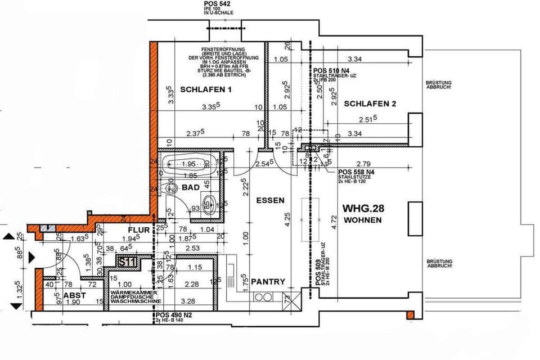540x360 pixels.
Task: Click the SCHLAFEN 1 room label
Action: [206, 89]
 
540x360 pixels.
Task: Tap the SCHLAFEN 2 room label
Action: [371, 103]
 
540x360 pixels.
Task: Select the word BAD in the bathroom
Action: [190, 187]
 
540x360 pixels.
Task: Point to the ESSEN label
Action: [270, 200]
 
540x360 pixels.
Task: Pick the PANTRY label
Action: [268, 281]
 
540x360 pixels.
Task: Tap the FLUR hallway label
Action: [138, 230]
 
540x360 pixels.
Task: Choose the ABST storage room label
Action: [74, 295]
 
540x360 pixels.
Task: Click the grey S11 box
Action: [127, 262]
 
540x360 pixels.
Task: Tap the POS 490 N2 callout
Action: [174, 315]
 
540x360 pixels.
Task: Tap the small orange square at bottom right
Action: [410, 314]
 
